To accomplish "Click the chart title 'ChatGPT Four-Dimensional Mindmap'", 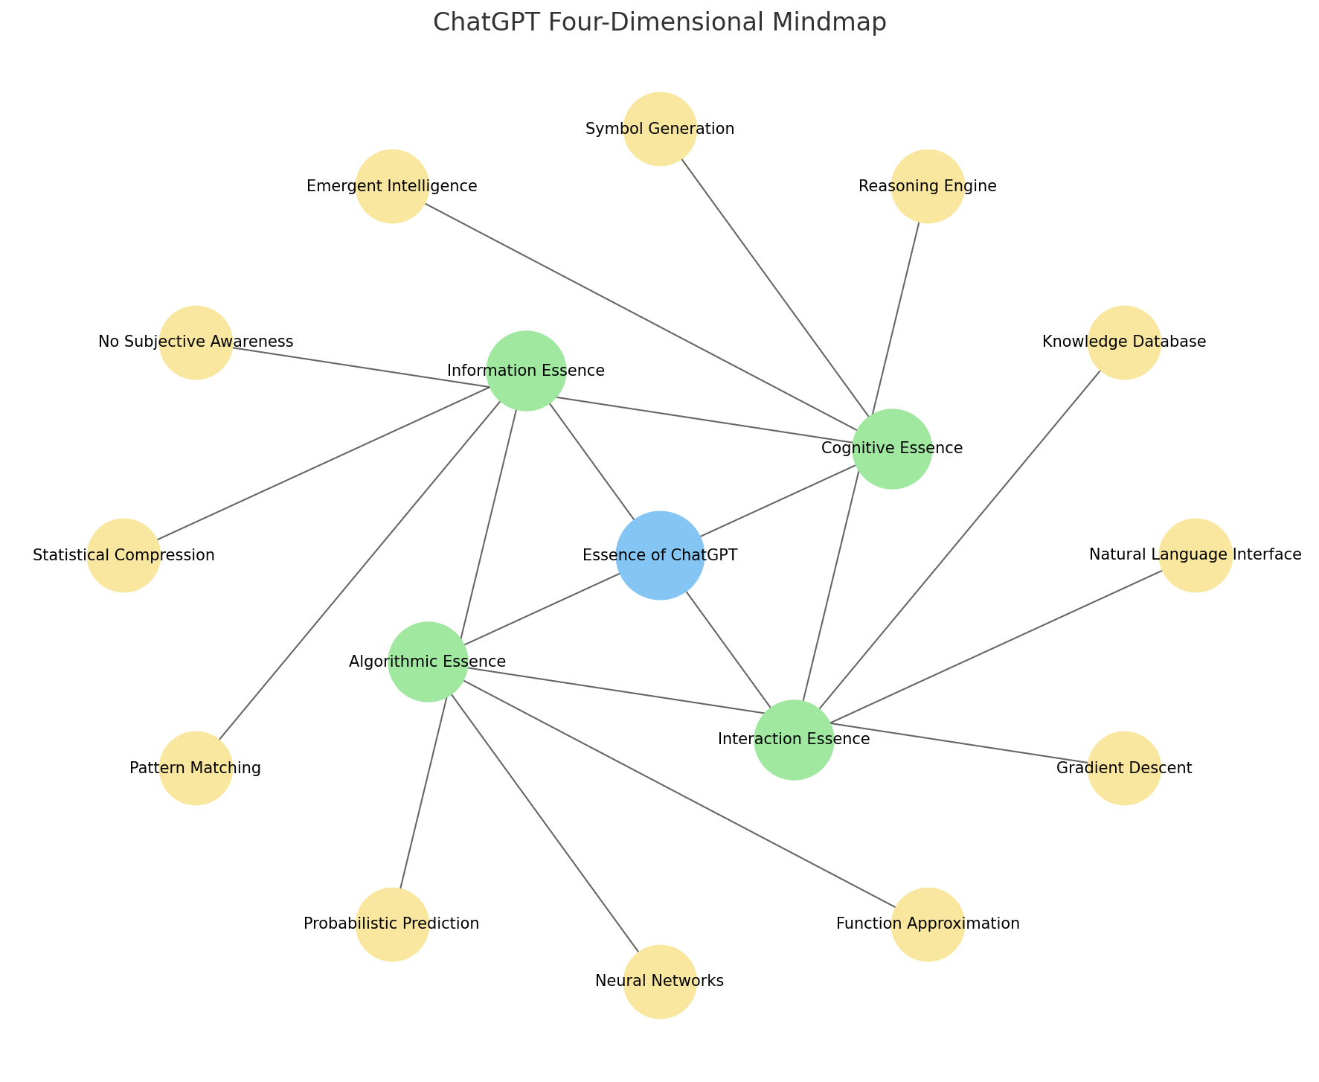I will click(x=659, y=23).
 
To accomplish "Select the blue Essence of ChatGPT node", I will click(x=660, y=555).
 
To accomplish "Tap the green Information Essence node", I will click(x=526, y=371).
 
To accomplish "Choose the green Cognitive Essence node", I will click(x=892, y=449).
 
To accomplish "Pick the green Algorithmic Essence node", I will click(x=428, y=662).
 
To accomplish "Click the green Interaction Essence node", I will click(x=794, y=740).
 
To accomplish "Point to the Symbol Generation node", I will click(x=660, y=129).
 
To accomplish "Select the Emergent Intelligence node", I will click(x=392, y=186).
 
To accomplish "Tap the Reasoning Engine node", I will click(x=928, y=186).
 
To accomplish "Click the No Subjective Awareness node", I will click(x=196, y=342).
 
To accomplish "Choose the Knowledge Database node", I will click(x=1124, y=342).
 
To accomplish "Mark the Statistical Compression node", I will click(x=123, y=555).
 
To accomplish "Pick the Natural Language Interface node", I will click(x=1196, y=555).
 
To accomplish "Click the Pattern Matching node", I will click(x=196, y=768).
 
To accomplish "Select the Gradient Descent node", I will click(x=1124, y=768).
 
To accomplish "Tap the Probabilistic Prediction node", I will click(x=392, y=924).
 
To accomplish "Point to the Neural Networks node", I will click(x=660, y=982).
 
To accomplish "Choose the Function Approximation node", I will click(x=928, y=924).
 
